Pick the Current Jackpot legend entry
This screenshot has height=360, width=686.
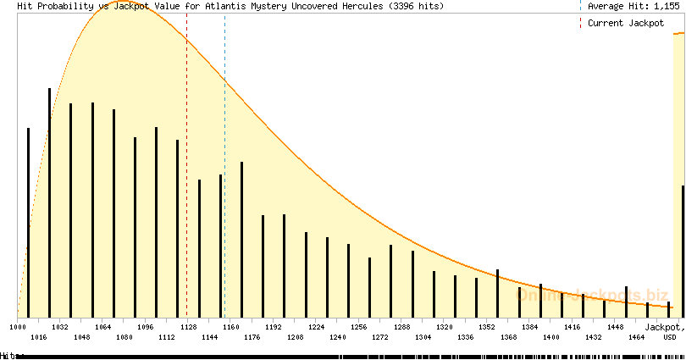626,23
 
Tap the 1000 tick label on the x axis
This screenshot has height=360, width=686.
18,326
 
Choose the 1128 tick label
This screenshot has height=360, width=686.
188,326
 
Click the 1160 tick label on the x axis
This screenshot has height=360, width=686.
230,326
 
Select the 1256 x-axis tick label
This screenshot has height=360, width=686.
359,326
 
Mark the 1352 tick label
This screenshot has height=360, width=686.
487,326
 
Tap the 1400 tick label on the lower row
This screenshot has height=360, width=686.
550,337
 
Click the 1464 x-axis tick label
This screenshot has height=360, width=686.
636,337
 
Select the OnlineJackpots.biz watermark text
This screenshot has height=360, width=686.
593,294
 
